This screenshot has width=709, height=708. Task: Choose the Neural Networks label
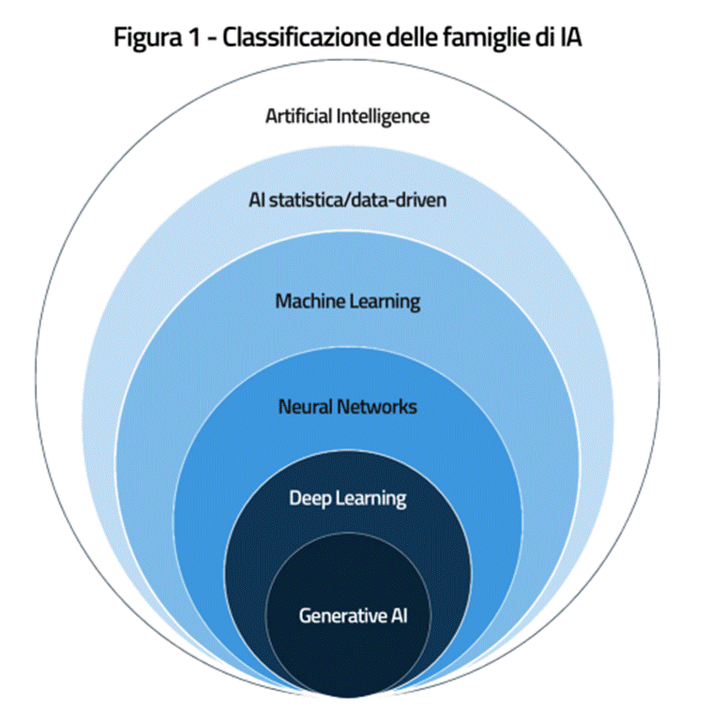pyautogui.click(x=347, y=407)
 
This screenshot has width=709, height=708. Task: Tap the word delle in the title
pyautogui.click(x=422, y=38)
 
